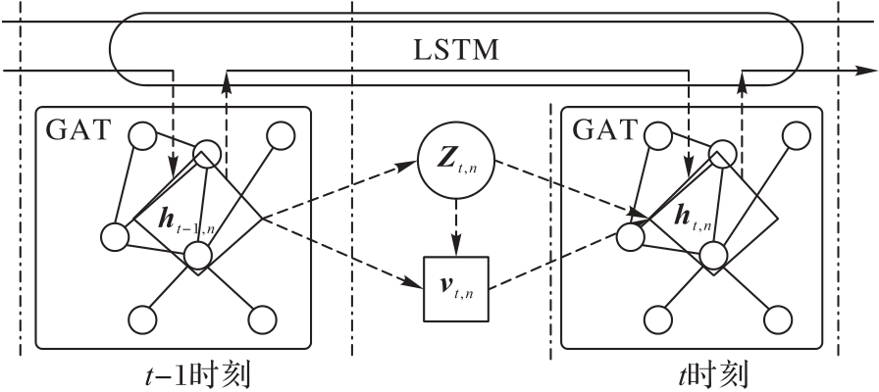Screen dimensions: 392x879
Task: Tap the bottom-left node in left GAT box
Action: [x=144, y=319]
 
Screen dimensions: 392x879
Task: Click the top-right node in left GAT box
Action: [x=282, y=136]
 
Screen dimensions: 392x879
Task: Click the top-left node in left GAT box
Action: [x=143, y=135]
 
